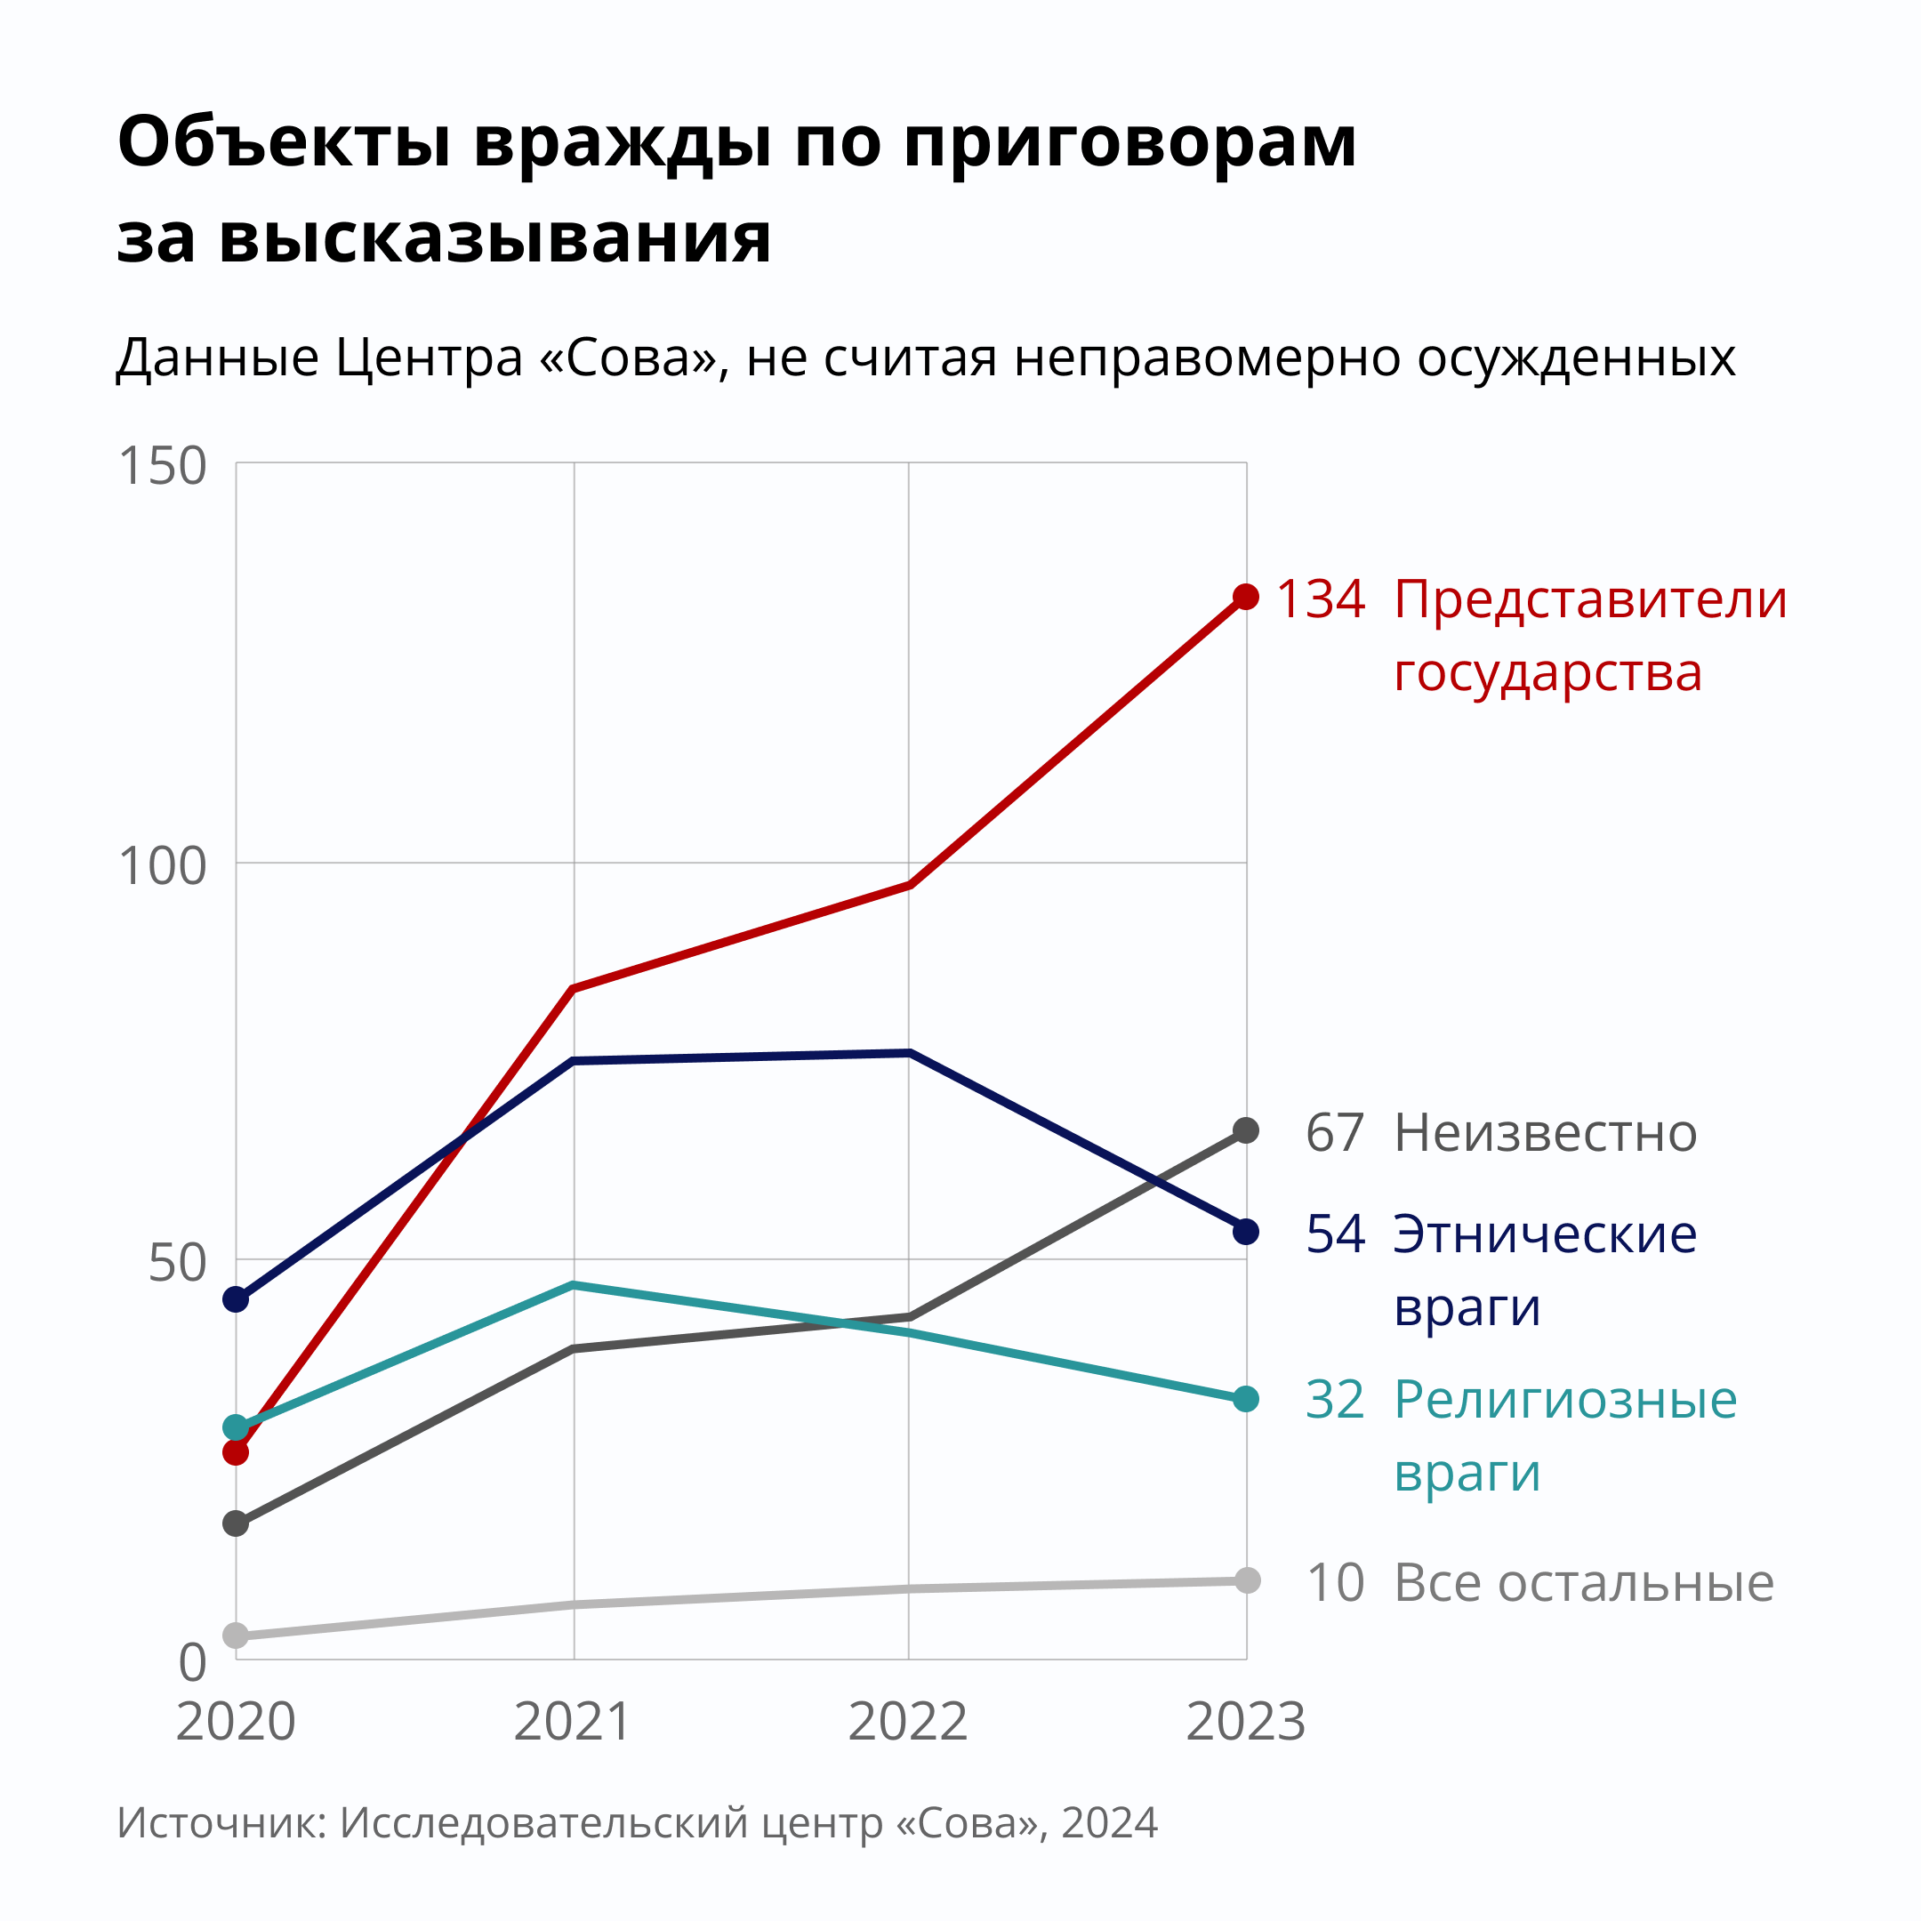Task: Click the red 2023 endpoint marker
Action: click(1246, 597)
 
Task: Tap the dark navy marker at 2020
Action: click(236, 1299)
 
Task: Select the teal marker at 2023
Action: click(1246, 1399)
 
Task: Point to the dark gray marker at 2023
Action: click(1246, 1130)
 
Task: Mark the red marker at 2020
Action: click(236, 1452)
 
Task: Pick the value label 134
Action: click(1321, 599)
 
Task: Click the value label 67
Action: click(1334, 1132)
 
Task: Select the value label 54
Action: click(1334, 1234)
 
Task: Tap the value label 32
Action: click(1334, 1400)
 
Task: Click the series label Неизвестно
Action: click(1545, 1132)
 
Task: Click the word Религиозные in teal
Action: click(1565, 1400)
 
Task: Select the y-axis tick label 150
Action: click(162, 465)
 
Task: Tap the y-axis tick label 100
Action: click(162, 865)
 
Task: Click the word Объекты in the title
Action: click(285, 142)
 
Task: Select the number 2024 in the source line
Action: click(1110, 1822)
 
